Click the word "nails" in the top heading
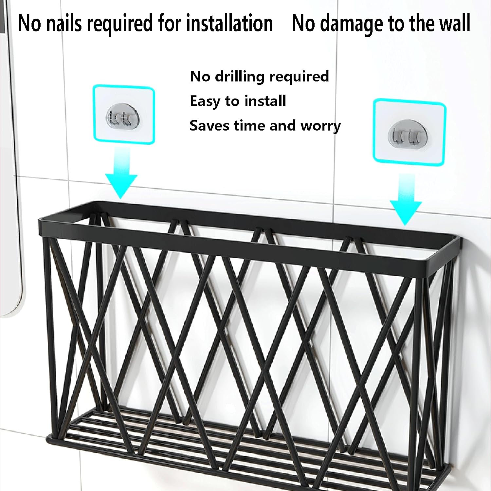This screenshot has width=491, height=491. click(64, 23)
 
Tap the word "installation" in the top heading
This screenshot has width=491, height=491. click(229, 23)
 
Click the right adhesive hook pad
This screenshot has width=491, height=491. click(409, 132)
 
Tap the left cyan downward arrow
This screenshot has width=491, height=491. click(121, 173)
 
